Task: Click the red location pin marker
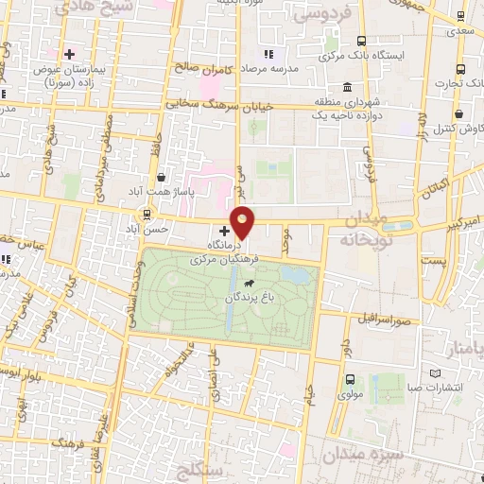[243, 221]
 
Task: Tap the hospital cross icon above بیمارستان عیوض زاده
[69, 54]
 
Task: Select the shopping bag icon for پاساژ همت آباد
[162, 177]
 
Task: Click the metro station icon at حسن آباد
[147, 214]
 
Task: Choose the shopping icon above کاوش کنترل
[458, 113]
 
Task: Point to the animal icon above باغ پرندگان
[248, 283]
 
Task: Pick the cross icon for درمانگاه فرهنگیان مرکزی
[224, 230]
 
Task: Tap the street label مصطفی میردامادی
[105, 157]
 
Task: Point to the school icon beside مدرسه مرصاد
[268, 53]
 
